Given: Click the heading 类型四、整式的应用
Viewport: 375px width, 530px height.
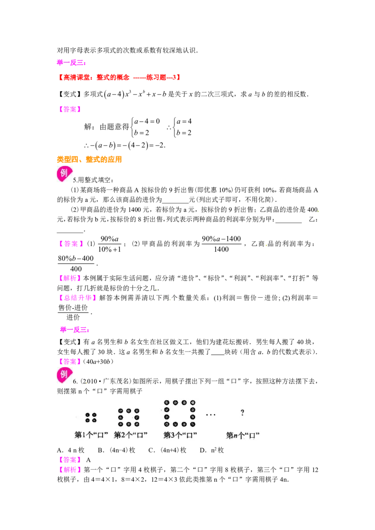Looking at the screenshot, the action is (90, 159).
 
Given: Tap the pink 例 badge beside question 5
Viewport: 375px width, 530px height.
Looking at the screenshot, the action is (64, 174).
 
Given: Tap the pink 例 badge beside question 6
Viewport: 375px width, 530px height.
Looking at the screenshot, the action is (64, 375).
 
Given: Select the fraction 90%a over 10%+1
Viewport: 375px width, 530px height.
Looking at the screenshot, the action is (109, 244).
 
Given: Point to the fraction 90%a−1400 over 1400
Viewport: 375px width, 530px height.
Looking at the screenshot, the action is (221, 244).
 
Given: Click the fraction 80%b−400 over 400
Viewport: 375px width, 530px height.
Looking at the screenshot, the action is (76, 263).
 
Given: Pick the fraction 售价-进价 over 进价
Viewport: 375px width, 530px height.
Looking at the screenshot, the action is (73, 312).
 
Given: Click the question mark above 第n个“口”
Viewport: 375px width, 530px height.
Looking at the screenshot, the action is (242, 412).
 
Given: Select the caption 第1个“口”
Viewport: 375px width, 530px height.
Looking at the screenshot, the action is (91, 435).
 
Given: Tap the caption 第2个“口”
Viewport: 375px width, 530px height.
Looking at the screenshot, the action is (131, 435).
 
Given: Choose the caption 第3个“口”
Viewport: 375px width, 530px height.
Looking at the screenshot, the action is (180, 435).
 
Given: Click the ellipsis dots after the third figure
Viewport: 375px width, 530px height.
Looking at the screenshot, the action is (210, 415).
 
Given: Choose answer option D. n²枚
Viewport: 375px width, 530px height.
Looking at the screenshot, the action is (212, 450).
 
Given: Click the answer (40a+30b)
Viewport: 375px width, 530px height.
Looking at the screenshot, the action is (98, 361).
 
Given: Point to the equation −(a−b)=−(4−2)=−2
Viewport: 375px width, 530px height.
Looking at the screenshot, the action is (125, 145).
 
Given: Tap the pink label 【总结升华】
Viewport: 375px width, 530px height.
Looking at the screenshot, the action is (77, 298).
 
